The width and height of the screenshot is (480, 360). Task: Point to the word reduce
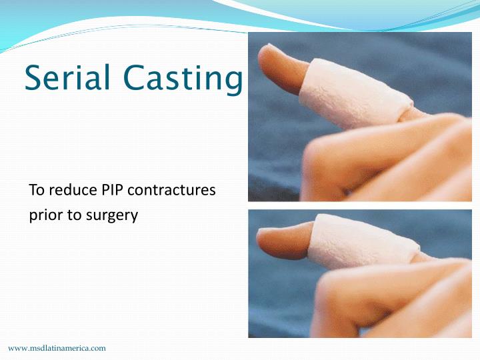pyautogui.click(x=71, y=190)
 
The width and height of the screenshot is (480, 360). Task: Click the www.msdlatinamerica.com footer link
pyautogui.click(x=57, y=348)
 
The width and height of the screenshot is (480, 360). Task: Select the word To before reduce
pyautogui.click(x=37, y=190)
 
